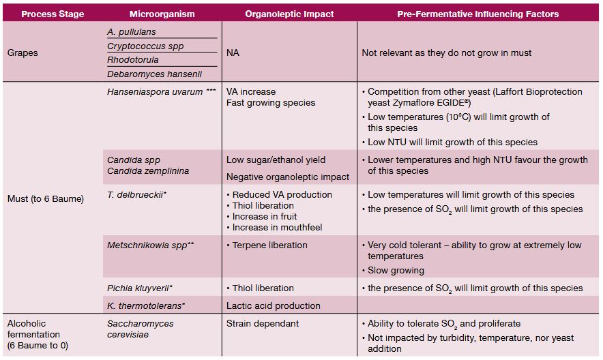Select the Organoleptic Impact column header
[x=289, y=14]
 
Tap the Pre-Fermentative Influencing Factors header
[x=477, y=14]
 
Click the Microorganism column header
[x=162, y=14]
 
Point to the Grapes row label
[x=23, y=52]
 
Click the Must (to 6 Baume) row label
[x=45, y=198]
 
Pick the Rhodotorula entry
[x=133, y=60]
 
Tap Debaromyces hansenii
[x=154, y=74]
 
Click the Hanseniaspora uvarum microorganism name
[x=155, y=91]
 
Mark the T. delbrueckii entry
[x=135, y=194]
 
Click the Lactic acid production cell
[x=274, y=305]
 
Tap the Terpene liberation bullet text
[x=270, y=245]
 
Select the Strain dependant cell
[x=263, y=323]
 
